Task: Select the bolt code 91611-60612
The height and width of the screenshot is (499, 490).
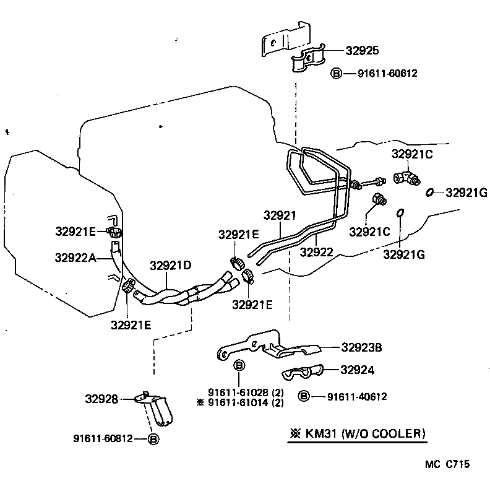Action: [x=387, y=73]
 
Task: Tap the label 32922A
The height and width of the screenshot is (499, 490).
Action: [x=75, y=257]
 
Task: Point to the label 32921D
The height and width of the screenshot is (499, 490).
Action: [x=170, y=266]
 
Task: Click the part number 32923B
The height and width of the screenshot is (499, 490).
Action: [x=370, y=348]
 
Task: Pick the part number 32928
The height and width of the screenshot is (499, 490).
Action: [x=101, y=399]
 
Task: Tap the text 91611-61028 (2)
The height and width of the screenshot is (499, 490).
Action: [x=246, y=393]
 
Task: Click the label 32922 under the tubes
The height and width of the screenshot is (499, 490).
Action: [x=317, y=252]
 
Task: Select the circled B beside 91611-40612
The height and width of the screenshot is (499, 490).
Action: [x=304, y=396]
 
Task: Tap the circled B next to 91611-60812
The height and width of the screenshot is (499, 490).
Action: [x=153, y=439]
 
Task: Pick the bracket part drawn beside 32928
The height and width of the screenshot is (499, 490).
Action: [x=155, y=409]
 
